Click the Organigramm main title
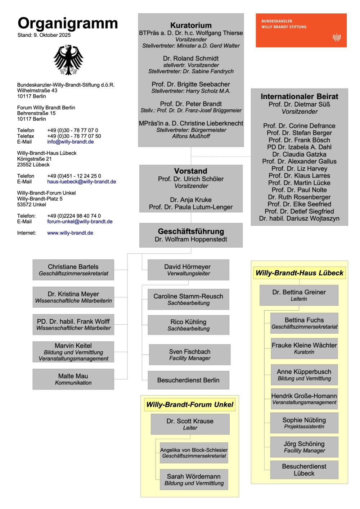coord(68,23)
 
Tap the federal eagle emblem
coord(68,60)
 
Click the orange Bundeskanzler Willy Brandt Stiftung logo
coord(301,30)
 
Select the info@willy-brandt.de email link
coord(70,142)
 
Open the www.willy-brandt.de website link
coord(70,233)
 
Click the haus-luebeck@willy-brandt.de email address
coord(81,182)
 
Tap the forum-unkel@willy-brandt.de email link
coord(80,222)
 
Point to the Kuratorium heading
coord(191,26)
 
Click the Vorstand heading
coord(191,171)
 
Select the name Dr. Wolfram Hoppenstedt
coord(191,239)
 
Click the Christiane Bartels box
coord(73,270)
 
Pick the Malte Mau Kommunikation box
coord(73,379)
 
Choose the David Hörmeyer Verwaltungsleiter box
coord(188,270)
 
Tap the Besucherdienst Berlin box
coord(188,380)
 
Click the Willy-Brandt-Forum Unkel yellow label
coord(190,405)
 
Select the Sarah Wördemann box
coord(194,479)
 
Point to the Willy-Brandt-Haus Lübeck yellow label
coord(299,273)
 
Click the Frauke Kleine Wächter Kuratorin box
coord(304,348)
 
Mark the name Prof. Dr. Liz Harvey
coord(299,168)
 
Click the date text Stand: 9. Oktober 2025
coord(44,35)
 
